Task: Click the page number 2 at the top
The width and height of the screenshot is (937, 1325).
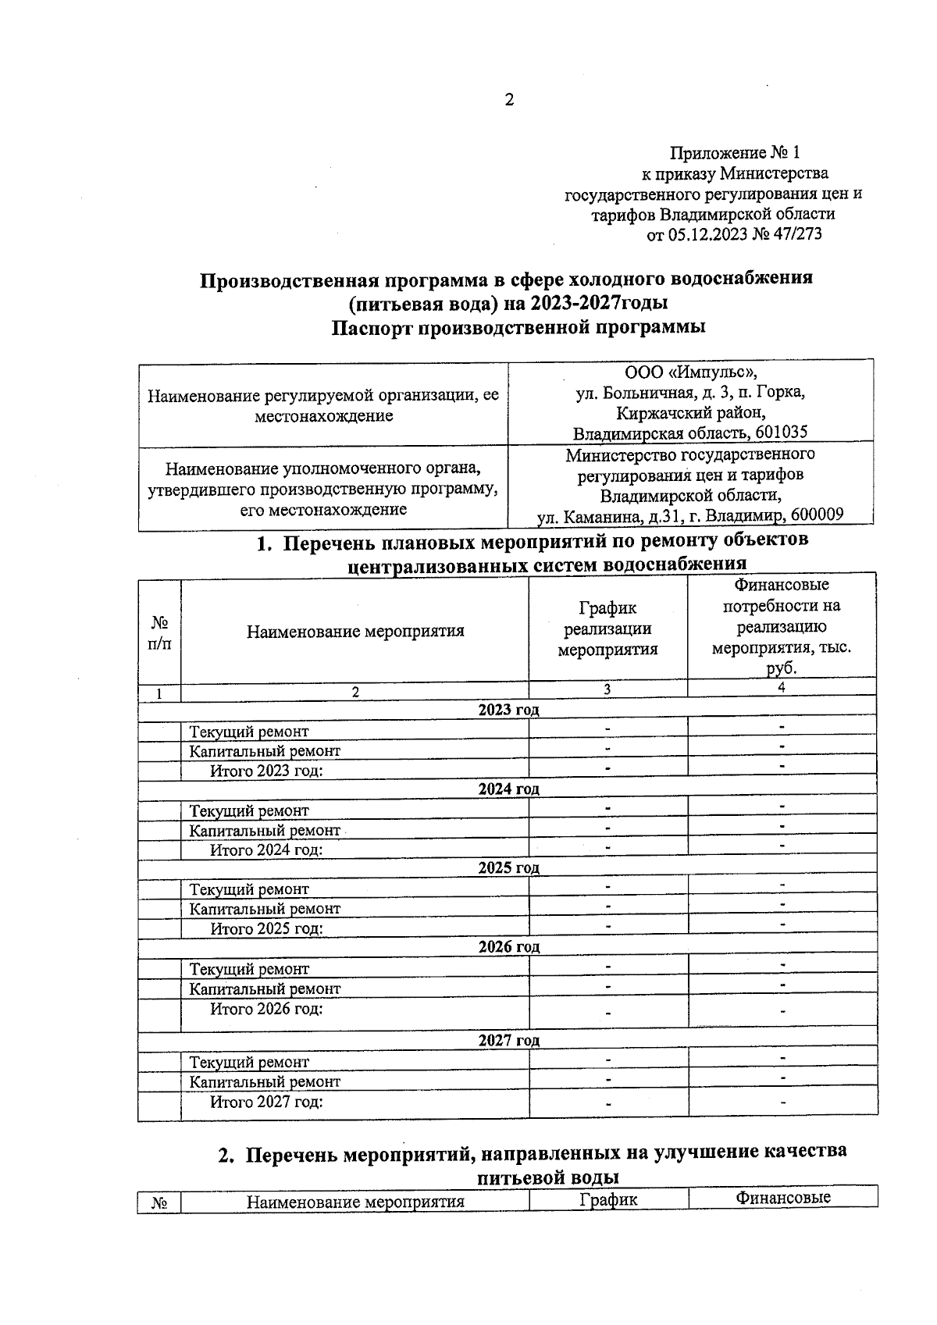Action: pyautogui.click(x=509, y=100)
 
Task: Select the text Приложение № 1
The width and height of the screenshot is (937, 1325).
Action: pyautogui.click(x=735, y=152)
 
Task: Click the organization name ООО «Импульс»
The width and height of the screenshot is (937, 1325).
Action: pyautogui.click(x=690, y=372)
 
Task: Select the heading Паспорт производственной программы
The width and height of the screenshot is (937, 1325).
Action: pyautogui.click(x=518, y=327)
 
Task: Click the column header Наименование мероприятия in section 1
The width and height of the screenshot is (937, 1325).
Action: pyautogui.click(x=355, y=631)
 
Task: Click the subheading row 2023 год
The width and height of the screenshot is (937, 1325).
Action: pyautogui.click(x=508, y=710)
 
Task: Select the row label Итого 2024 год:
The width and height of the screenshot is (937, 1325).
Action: pyautogui.click(x=266, y=850)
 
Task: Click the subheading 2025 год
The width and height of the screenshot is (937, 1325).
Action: pyautogui.click(x=508, y=868)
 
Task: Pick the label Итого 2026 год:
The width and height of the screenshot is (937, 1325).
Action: pyautogui.click(x=266, y=1009)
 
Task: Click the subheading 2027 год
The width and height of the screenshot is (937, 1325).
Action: pyautogui.click(x=508, y=1041)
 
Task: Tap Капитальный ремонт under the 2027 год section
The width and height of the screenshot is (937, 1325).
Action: pyautogui.click(x=265, y=1082)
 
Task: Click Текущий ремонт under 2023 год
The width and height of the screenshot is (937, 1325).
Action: pyautogui.click(x=249, y=732)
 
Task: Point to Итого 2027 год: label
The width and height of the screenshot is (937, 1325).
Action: pyautogui.click(x=266, y=1102)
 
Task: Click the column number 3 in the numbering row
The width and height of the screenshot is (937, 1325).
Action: pyautogui.click(x=607, y=690)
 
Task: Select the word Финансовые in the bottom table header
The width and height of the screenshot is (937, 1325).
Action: pyautogui.click(x=782, y=1199)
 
